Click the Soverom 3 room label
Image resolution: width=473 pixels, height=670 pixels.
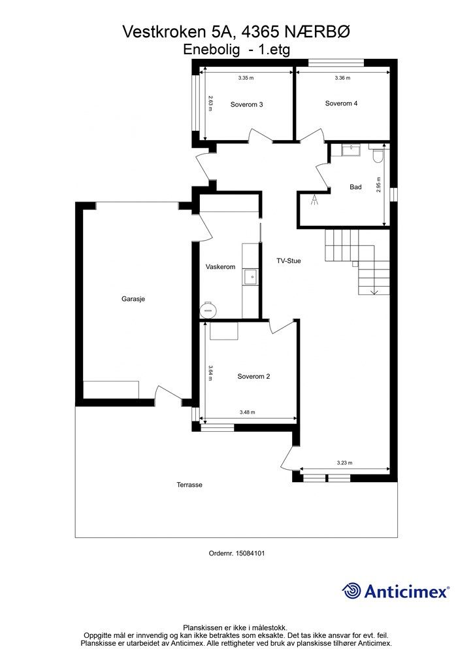246,104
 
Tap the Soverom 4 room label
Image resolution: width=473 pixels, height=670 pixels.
341,103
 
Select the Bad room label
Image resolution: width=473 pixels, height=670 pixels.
355,186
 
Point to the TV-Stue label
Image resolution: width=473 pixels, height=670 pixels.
289,260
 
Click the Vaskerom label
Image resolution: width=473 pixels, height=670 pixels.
221,267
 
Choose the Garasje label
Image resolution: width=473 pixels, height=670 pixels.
133,299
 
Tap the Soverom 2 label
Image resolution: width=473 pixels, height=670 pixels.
253,376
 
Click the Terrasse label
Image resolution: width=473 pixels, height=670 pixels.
189,485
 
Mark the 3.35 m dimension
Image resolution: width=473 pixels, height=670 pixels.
246,79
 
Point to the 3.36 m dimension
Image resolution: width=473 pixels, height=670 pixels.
342,78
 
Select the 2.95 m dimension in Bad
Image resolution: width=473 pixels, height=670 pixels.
379,185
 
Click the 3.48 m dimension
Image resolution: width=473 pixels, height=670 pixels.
248,412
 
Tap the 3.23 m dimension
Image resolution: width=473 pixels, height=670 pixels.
344,463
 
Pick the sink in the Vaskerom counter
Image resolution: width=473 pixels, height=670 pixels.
251,277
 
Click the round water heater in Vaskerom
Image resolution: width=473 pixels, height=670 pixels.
208,309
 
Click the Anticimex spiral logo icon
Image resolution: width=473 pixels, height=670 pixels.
351,591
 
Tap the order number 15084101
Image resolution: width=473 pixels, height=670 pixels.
236,554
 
